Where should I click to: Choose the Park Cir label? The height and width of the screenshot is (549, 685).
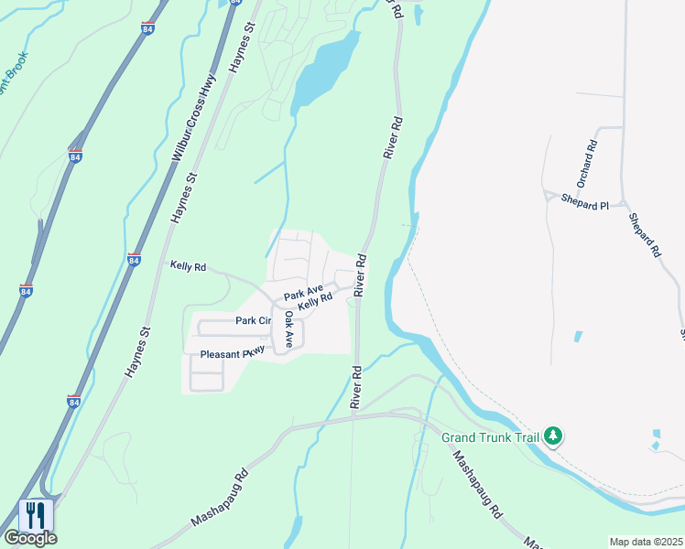pos(254,321)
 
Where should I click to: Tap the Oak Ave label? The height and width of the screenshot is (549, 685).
pos(288,329)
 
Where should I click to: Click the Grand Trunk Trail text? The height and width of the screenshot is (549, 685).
pos(490,437)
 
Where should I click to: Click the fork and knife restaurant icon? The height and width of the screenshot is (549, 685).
pos(36,514)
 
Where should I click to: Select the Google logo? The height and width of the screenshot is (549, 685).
pos(29,539)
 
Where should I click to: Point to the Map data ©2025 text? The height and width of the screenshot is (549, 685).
pos(646,542)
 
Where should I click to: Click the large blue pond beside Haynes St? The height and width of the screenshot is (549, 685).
pos(323,70)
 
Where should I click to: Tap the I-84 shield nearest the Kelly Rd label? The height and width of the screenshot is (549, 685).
pos(134,260)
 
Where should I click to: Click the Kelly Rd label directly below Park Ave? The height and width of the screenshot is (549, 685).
pos(314,300)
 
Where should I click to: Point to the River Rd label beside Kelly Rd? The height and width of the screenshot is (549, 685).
pos(361,274)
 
